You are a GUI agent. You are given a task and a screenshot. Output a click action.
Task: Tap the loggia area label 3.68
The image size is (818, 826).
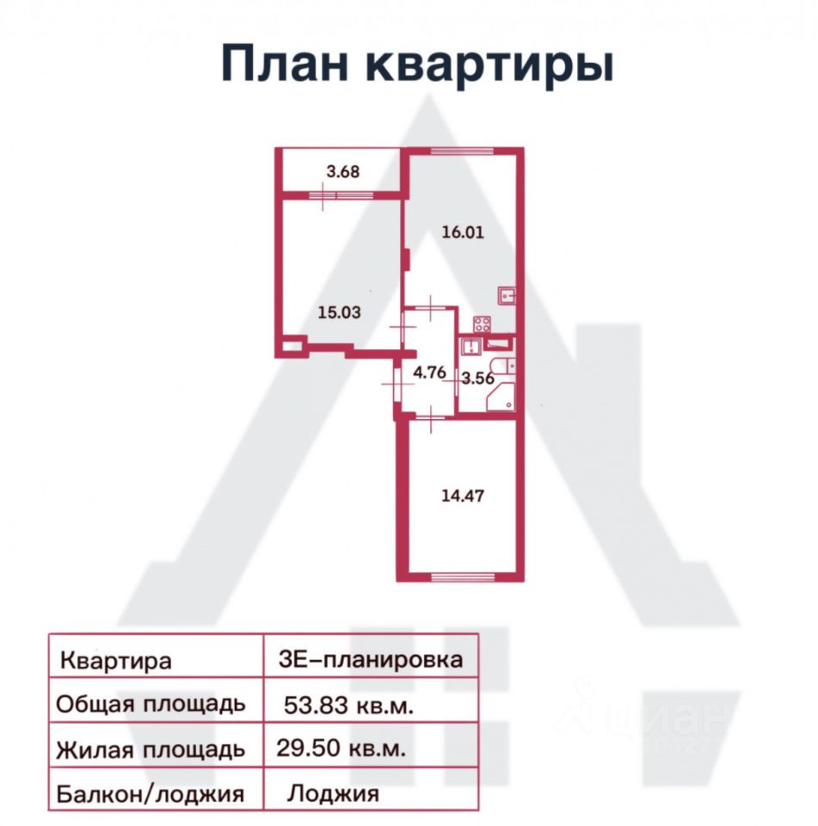(342, 170)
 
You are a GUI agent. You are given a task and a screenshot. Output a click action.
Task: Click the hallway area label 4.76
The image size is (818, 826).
(429, 373)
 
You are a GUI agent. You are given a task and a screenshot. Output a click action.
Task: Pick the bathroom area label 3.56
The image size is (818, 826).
(477, 377)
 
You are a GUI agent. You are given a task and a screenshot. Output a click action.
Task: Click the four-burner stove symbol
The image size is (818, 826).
(481, 325)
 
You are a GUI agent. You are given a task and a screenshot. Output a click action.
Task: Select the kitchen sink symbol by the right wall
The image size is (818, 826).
(507, 296)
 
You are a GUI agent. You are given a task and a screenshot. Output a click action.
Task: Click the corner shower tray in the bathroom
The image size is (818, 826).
(501, 399)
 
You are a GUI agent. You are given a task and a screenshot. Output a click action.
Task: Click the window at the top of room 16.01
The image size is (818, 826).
(462, 151)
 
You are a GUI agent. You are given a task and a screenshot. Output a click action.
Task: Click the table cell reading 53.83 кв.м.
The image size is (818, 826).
(350, 706)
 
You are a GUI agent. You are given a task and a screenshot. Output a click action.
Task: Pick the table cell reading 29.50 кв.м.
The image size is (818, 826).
(341, 748)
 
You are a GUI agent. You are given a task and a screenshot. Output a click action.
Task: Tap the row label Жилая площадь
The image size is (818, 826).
(151, 749)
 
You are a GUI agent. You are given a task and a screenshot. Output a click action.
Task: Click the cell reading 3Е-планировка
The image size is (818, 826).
(371, 660)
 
